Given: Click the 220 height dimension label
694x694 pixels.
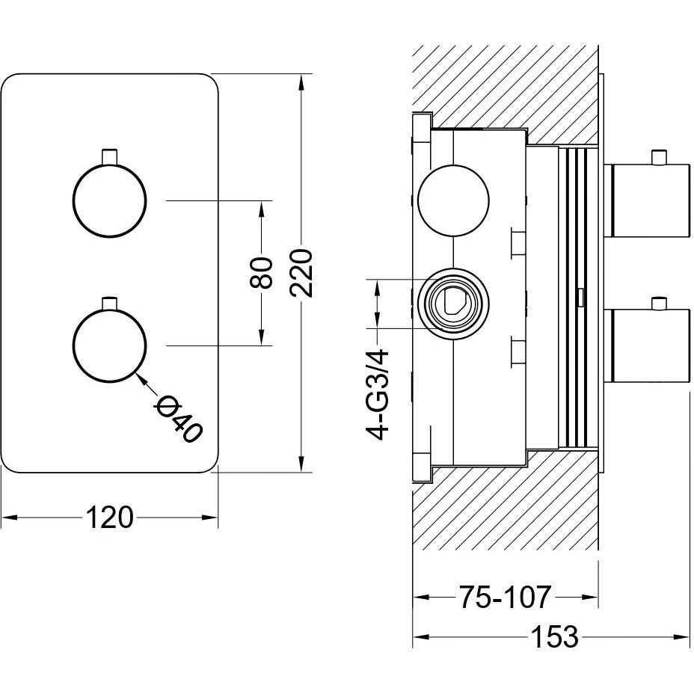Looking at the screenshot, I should [301, 272].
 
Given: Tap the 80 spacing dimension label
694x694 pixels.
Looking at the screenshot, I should [260, 273].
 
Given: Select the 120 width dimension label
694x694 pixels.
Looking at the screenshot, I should [110, 517].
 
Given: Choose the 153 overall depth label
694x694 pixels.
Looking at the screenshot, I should [554, 637].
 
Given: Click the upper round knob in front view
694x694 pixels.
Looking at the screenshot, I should [110, 200].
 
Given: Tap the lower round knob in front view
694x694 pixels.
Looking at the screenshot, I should [110, 346].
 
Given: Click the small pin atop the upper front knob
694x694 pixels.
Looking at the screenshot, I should [110, 156].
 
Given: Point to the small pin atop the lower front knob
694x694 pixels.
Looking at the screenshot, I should [110, 301].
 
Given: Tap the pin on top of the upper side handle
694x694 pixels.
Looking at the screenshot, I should [658, 157].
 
